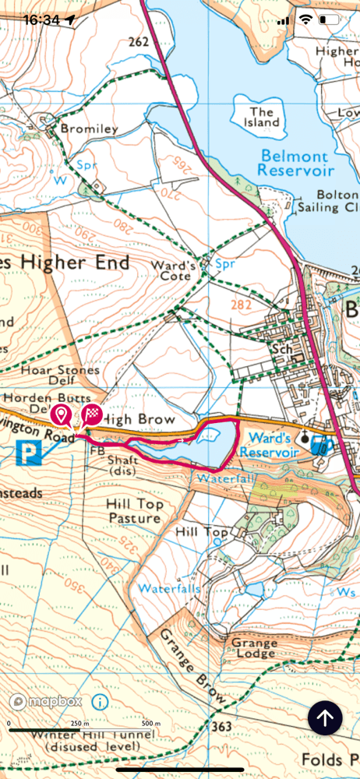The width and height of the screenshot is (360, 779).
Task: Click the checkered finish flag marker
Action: (92, 414)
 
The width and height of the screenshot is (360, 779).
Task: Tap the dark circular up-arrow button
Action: (325, 717)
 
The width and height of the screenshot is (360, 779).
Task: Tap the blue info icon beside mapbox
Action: (99, 701)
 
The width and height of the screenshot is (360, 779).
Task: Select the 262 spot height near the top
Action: (139, 43)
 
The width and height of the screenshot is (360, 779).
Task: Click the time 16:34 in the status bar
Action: (41, 19)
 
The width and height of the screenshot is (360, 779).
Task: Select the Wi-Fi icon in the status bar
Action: (306, 19)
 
